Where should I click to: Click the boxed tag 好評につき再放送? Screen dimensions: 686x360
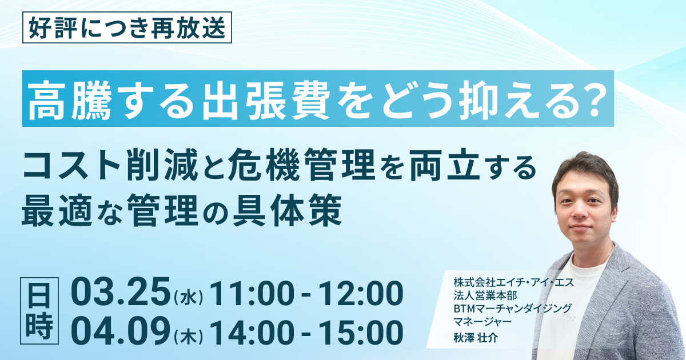tap(127, 27)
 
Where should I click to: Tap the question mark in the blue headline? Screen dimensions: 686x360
tap(595, 99)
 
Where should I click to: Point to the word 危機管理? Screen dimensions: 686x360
tap(301, 165)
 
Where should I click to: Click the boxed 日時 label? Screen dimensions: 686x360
tap(39, 311)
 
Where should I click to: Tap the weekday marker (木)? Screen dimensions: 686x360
tap(188, 336)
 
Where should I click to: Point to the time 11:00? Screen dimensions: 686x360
tap(252, 293)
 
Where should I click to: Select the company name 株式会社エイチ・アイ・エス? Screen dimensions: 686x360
tap(514, 282)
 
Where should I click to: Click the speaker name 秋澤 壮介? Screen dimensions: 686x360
tap(476, 338)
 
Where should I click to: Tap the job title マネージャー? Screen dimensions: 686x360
tap(482, 322)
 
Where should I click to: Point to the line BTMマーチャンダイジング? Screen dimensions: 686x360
tap(513, 309)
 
